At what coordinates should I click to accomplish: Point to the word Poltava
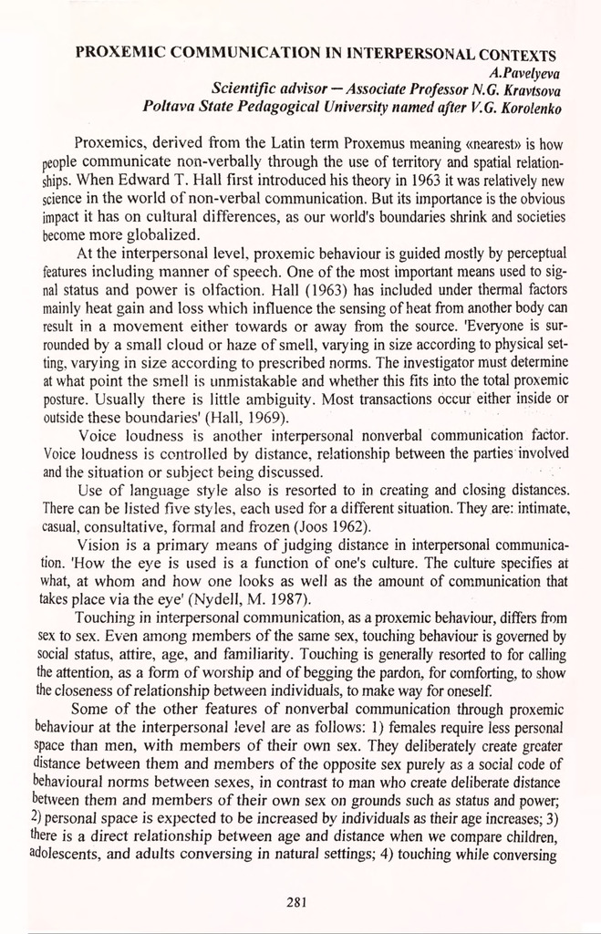tap(167, 108)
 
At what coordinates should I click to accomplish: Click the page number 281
tap(294, 903)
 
